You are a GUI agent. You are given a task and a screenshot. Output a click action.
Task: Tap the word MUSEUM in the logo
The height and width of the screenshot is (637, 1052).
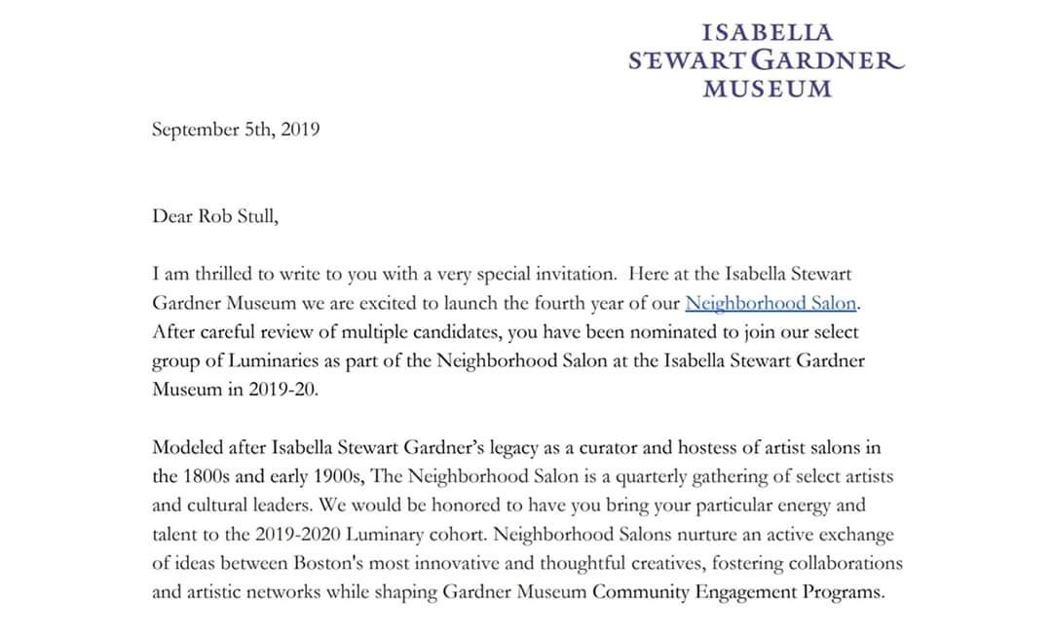click(x=768, y=89)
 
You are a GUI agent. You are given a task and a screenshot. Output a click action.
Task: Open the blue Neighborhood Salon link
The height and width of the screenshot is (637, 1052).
click(x=770, y=303)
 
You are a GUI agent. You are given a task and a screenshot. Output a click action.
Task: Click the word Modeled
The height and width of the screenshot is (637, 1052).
click(x=188, y=448)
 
